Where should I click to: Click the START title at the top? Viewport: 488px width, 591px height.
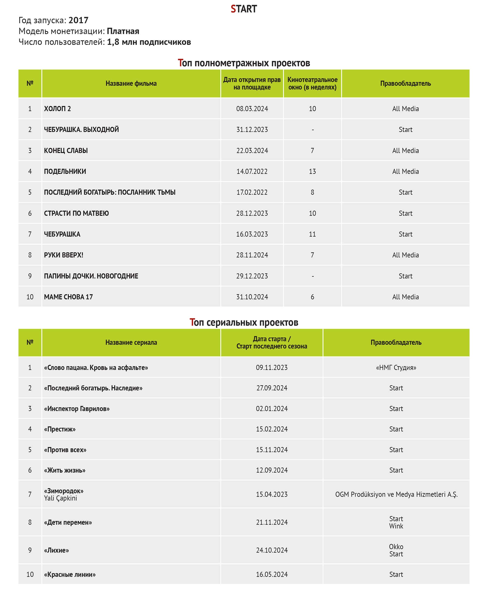click(244, 9)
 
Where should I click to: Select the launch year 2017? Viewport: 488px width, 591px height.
click(78, 20)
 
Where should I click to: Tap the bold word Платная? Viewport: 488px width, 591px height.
click(123, 31)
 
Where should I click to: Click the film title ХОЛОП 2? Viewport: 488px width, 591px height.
click(57, 109)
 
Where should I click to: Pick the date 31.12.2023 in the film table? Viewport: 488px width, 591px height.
click(252, 130)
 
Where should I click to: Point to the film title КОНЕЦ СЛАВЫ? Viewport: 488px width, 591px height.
click(66, 151)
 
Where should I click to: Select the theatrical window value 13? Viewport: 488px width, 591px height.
click(312, 171)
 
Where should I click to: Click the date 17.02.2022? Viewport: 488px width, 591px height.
click(252, 192)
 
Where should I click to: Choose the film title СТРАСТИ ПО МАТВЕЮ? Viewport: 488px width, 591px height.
click(76, 213)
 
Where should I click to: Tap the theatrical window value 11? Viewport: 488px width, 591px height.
click(312, 234)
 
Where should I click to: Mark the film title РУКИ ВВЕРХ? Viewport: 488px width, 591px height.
click(63, 255)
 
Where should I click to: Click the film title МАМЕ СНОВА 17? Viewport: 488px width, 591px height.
click(68, 297)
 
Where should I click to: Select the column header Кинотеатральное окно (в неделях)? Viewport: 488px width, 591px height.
click(312, 83)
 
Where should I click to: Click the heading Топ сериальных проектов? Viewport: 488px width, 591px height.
click(244, 322)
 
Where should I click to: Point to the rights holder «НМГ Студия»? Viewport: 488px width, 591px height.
click(396, 368)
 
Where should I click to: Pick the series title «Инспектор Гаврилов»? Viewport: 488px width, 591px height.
click(77, 409)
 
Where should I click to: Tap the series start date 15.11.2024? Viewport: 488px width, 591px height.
click(272, 450)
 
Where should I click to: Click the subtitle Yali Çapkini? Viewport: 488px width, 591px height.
click(61, 498)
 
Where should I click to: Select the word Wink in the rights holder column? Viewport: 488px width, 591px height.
click(396, 526)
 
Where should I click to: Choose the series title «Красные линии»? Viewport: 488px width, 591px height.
click(70, 574)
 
